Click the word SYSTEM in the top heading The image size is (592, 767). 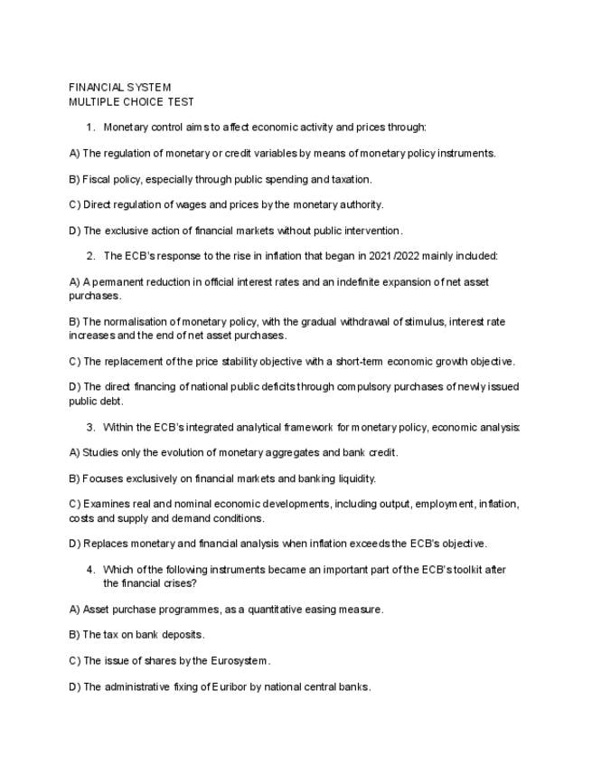point(148,88)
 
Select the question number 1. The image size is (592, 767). point(90,128)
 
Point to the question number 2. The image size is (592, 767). point(90,256)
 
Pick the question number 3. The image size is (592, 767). point(90,427)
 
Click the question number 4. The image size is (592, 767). point(90,570)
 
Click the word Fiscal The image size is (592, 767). point(97,179)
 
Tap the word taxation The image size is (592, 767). point(348,179)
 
